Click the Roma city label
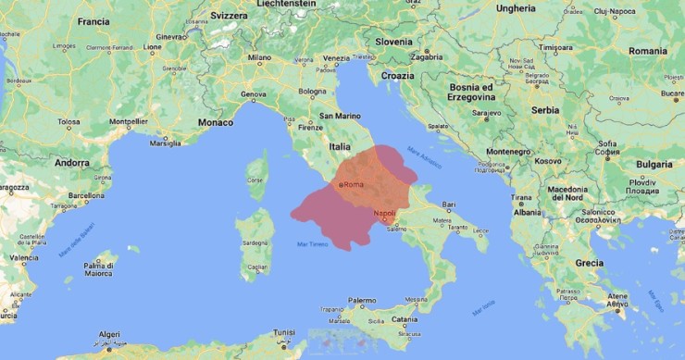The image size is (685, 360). [354, 185]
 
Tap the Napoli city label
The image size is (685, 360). [385, 214]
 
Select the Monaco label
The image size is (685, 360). [216, 122]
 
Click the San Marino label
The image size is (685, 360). [338, 117]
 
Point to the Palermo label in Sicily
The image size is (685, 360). [362, 301]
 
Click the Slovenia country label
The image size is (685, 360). [393, 42]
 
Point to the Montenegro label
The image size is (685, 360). [509, 152]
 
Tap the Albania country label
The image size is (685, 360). [528, 212]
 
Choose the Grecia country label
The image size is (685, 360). [589, 263]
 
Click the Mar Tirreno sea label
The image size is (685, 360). [313, 243]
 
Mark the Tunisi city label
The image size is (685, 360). [284, 331]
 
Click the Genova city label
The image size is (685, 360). [253, 94]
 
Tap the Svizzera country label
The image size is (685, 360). [229, 16]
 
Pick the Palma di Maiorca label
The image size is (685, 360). [98, 269]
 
